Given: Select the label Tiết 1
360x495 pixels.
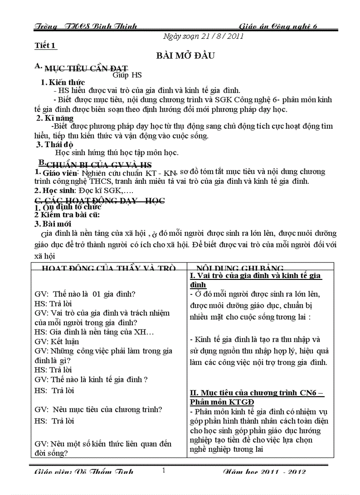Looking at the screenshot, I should point(45,45).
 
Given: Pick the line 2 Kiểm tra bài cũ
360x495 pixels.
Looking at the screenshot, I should point(67,215).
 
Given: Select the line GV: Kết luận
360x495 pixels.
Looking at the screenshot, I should point(56,342).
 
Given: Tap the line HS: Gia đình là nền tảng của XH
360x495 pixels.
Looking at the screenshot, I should point(94,332).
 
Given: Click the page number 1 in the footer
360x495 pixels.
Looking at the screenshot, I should point(164,471).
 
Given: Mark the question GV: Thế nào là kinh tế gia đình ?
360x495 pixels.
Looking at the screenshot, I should point(91,380).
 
